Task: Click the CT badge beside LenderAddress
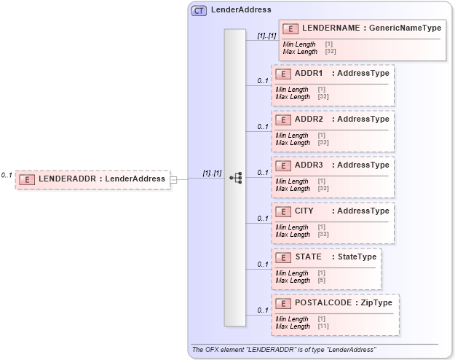[x=198, y=10]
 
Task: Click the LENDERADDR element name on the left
[x=60, y=179]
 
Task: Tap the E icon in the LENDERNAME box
[x=290, y=28]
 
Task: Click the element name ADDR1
[x=309, y=74]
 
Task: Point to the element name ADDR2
[x=309, y=119]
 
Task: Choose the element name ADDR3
[x=309, y=165]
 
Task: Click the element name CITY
[x=304, y=211]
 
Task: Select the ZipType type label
[x=378, y=302]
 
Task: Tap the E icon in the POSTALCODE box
[x=283, y=302]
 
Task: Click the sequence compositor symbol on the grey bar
[x=235, y=177]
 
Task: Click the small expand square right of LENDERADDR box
[x=173, y=179]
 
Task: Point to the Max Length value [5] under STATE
[x=321, y=281]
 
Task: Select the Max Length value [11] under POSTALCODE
[x=323, y=326]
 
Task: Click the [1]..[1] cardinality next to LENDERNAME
[x=266, y=36]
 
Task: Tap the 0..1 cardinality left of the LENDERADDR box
[x=7, y=175]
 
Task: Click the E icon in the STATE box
[x=283, y=257]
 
